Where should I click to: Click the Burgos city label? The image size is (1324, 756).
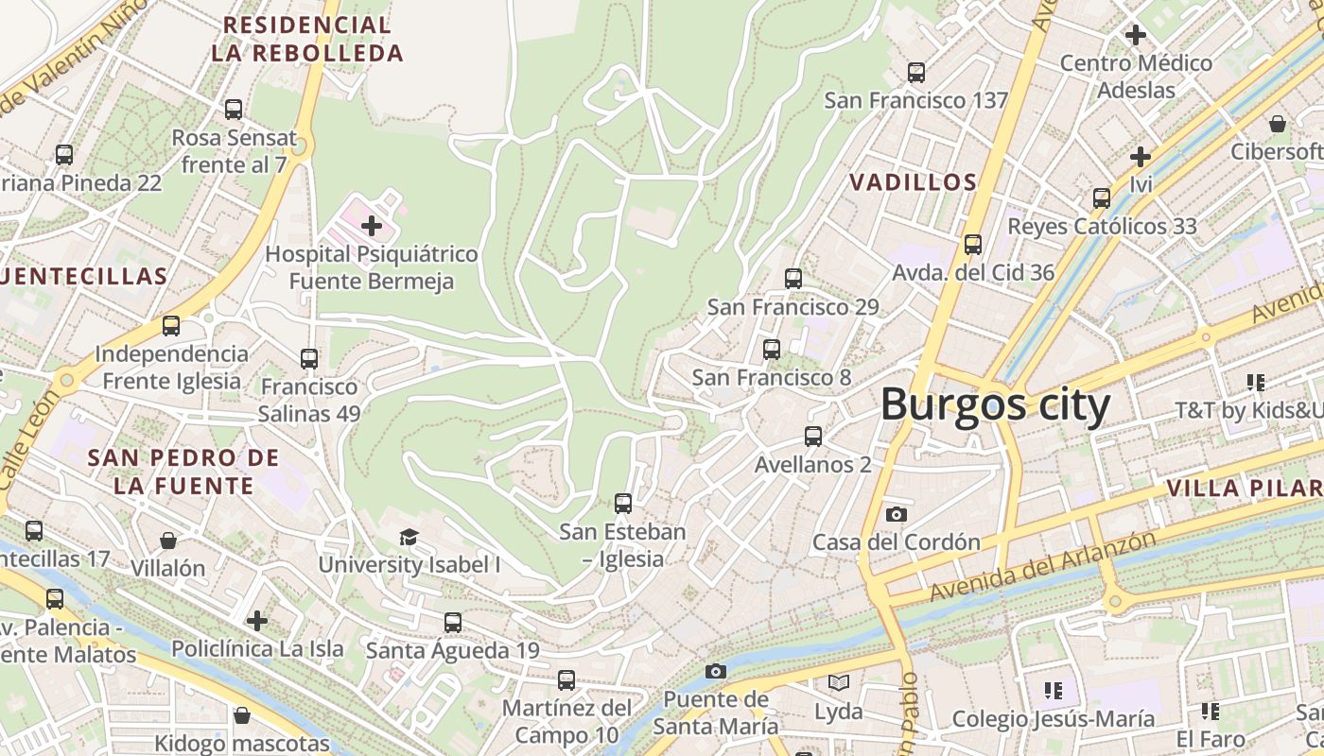995,405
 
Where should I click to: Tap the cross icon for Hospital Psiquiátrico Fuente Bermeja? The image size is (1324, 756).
372,226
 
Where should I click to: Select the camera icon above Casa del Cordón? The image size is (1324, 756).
896,514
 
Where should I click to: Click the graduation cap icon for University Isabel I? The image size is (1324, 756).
409,538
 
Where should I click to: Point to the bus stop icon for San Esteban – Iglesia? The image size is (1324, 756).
622,504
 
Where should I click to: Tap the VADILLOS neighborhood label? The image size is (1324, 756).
913,182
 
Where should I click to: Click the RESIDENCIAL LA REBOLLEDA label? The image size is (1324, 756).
307,39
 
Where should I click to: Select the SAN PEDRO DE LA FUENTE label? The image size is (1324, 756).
183,472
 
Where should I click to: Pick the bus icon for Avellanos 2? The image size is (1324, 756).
812,437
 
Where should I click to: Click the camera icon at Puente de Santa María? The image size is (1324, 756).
716,671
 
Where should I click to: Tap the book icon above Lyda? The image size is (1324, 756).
838,682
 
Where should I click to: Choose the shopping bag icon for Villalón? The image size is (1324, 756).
168,541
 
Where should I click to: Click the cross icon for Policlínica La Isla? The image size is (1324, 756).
257,621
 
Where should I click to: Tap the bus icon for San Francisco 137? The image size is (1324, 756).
915,73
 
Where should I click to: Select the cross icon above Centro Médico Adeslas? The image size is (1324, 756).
1135,35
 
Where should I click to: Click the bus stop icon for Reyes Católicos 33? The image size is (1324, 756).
1102,198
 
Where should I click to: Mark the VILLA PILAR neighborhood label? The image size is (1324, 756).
1244,489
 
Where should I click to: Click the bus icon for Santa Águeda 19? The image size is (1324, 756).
453,623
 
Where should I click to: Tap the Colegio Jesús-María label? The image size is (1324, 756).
1053,719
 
